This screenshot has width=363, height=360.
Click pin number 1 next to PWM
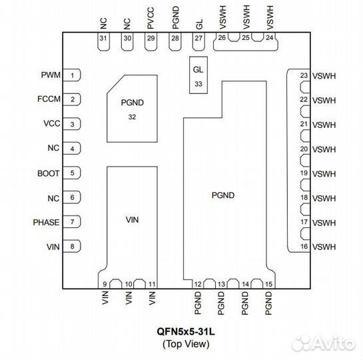(x=72, y=75)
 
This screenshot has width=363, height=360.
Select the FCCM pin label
(x=48, y=100)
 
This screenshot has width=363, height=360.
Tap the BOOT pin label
(x=49, y=173)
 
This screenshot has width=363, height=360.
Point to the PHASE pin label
(x=47, y=222)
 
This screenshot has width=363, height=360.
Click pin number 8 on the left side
(x=72, y=247)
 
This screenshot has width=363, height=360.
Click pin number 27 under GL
(x=198, y=39)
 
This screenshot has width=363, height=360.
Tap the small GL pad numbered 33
(x=198, y=76)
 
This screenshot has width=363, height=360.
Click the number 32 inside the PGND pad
(x=132, y=116)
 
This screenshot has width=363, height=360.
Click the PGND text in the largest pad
(x=223, y=195)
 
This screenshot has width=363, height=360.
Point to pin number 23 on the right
(x=304, y=75)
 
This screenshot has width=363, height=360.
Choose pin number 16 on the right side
(x=304, y=247)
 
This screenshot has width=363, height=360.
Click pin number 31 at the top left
(x=103, y=39)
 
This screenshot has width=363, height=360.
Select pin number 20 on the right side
(x=304, y=149)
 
